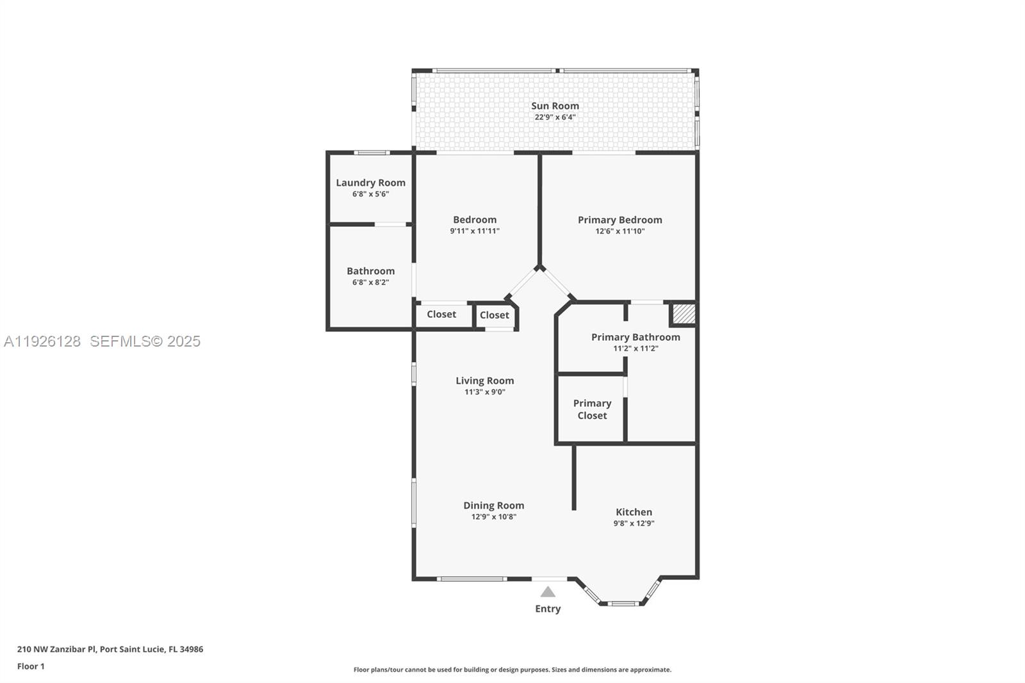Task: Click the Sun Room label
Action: (x=555, y=106)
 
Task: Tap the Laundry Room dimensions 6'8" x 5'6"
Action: (x=370, y=194)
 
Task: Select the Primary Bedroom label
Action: (x=619, y=220)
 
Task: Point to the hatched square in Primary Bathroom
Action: (x=683, y=314)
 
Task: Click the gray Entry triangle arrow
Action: (x=548, y=592)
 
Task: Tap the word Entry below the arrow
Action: (x=548, y=609)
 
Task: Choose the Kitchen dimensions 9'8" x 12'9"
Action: (x=634, y=523)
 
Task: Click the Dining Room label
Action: (x=493, y=506)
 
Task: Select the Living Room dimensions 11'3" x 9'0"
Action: (x=485, y=392)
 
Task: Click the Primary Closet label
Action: (x=592, y=409)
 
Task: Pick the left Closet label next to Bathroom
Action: (x=441, y=315)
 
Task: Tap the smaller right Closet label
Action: (x=495, y=315)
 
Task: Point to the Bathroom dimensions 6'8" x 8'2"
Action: (x=370, y=283)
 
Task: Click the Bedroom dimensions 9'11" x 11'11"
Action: (x=475, y=231)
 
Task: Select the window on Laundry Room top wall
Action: (x=372, y=152)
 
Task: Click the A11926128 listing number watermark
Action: (x=42, y=341)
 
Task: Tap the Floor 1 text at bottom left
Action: (x=31, y=666)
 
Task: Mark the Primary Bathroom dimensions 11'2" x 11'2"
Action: (x=635, y=349)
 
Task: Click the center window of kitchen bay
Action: (x=623, y=604)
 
